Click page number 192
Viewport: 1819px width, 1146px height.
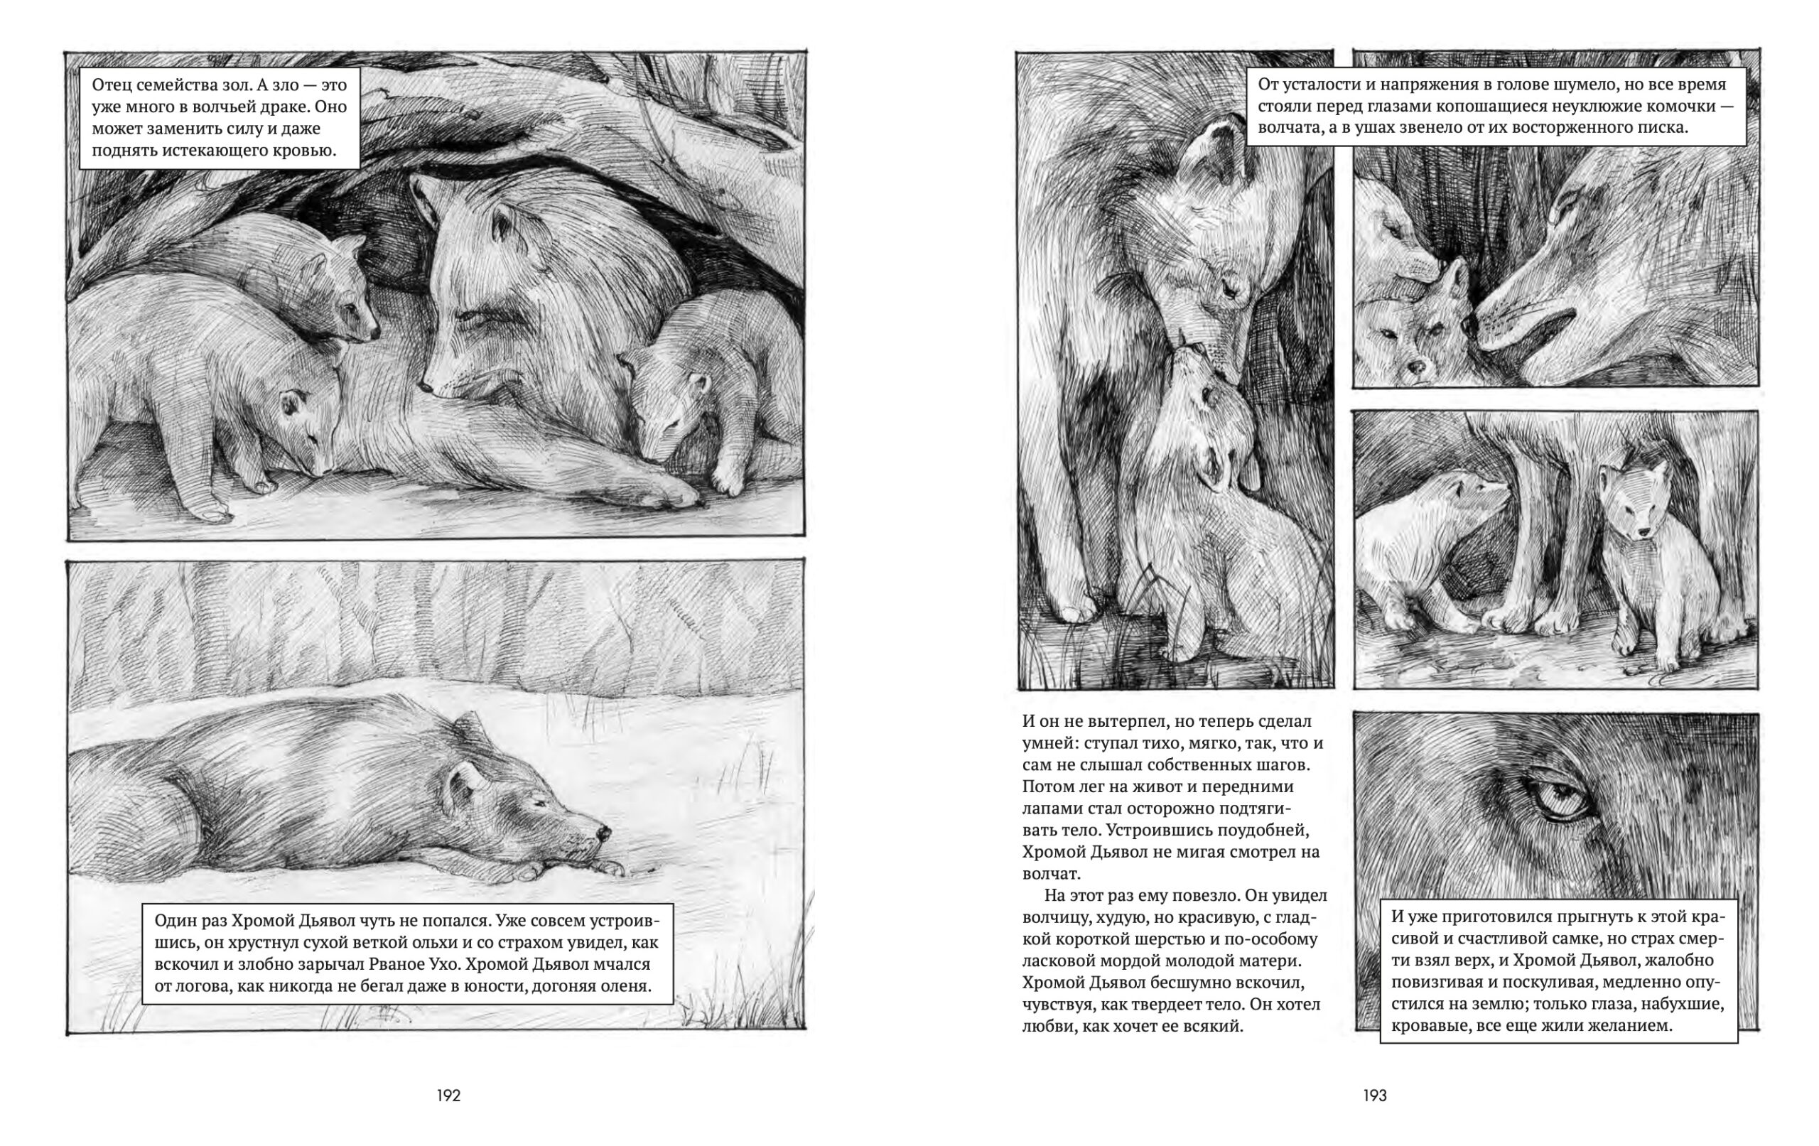(448, 1096)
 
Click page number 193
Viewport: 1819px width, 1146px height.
(1375, 1096)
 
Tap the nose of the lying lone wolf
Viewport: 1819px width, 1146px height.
(603, 833)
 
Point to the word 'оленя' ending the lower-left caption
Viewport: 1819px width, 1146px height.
(624, 986)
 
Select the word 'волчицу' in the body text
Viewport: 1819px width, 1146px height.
(1056, 918)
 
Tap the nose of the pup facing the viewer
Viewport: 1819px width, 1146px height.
(1418, 368)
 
